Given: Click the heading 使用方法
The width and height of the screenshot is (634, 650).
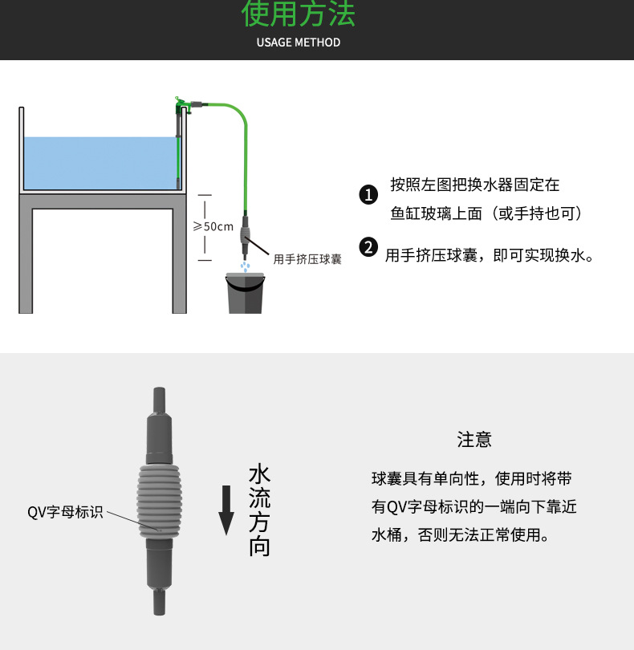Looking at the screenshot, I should click(x=298, y=15).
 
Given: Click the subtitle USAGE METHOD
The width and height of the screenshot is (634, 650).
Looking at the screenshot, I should click(x=299, y=43).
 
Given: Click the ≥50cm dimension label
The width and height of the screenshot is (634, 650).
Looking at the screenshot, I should click(x=213, y=226).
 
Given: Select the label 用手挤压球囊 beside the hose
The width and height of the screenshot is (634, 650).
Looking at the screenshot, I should click(x=307, y=259).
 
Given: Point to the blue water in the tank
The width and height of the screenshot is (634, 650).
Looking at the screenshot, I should click(x=96, y=163).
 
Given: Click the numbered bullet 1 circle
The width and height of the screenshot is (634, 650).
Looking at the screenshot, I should click(x=368, y=195).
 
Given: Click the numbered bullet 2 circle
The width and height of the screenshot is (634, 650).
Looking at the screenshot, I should click(x=368, y=247).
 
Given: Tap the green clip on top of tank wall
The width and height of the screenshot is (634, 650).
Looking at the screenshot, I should click(x=184, y=104).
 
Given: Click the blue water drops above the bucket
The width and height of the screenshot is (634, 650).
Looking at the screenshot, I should click(x=246, y=264).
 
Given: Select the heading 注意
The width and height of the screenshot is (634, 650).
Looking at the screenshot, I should click(x=474, y=440).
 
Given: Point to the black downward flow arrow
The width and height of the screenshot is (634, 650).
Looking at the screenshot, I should click(x=227, y=511).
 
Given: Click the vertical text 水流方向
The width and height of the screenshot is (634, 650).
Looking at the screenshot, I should click(x=259, y=510).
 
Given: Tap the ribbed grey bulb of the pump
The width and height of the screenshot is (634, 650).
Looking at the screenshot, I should click(x=159, y=497).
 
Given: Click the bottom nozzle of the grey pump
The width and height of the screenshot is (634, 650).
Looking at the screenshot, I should click(x=159, y=602).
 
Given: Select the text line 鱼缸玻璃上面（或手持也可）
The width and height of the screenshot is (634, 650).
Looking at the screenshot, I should click(x=486, y=213).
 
